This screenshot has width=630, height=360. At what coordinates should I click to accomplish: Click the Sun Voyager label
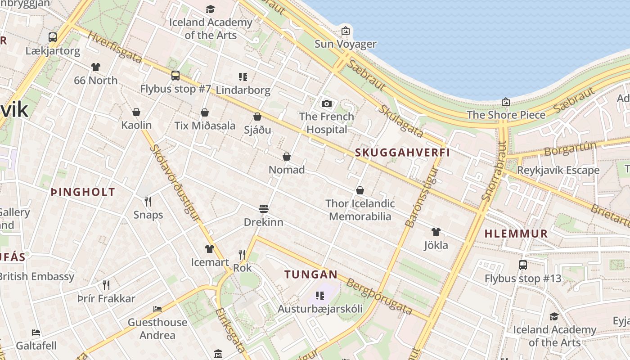[345, 44]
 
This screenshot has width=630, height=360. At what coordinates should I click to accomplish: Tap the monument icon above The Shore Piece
[506, 102]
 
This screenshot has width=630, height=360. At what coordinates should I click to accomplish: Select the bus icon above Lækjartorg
[53, 37]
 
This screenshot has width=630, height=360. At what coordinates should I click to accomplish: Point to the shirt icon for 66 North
[95, 67]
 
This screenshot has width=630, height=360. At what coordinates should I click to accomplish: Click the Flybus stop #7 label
[175, 89]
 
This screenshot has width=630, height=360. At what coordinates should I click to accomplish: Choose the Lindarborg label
[243, 90]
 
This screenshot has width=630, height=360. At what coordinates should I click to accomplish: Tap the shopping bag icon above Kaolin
[136, 112]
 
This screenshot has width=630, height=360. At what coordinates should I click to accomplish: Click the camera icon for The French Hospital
[327, 104]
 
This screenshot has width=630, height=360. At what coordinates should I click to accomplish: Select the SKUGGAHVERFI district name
[402, 153]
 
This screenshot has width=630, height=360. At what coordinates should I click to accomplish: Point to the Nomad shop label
[287, 170]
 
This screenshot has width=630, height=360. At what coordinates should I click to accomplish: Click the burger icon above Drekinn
[264, 209]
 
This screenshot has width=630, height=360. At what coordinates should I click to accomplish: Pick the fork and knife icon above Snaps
[148, 201]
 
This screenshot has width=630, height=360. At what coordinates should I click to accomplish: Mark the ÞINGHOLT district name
[83, 192]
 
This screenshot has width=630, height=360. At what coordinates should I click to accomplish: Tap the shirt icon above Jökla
[436, 232]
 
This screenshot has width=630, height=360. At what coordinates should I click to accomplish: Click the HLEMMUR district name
[516, 234]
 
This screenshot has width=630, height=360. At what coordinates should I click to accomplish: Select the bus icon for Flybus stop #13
[522, 265]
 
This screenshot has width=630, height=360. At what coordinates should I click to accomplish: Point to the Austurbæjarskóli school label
[320, 309]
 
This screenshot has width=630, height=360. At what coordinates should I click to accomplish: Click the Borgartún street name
[570, 148]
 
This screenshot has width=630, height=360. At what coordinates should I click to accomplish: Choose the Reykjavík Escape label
[558, 170]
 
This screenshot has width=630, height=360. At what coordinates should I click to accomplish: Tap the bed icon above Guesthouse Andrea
[157, 309]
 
